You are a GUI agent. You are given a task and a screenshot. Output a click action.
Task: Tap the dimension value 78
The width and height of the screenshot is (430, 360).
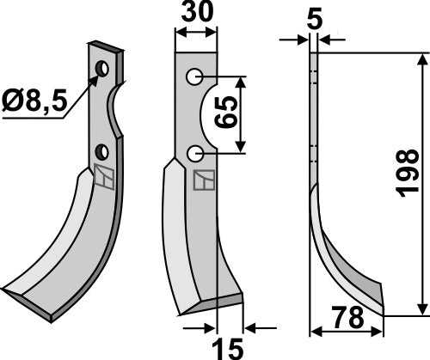coord(346,319)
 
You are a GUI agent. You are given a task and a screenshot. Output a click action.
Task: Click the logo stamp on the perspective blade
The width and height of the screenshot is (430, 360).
coord(101,178)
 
